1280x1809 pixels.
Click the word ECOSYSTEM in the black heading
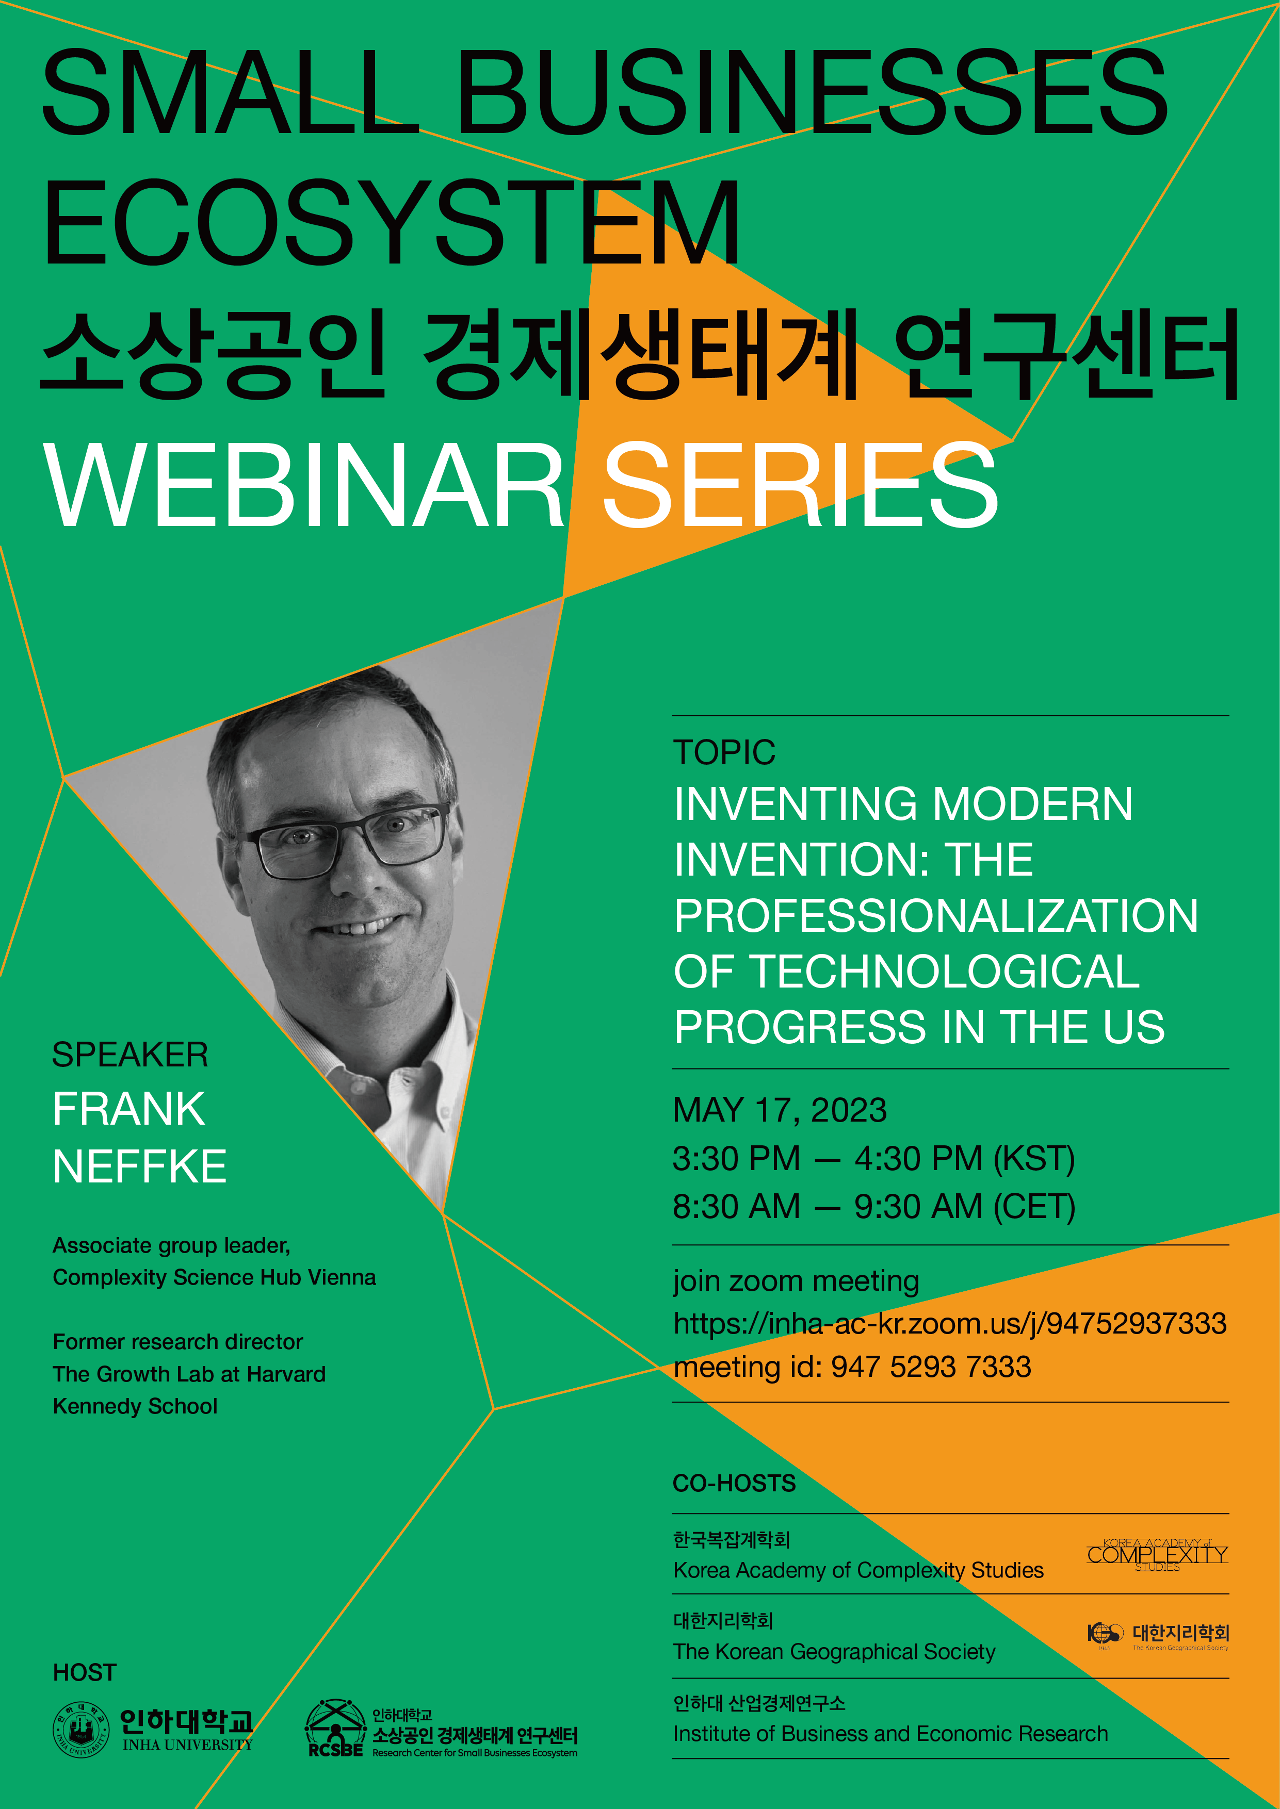(392, 222)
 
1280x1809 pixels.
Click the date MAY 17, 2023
(780, 1110)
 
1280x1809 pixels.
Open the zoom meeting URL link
(950, 1324)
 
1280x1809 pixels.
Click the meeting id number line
(852, 1367)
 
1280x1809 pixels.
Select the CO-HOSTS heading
(735, 1484)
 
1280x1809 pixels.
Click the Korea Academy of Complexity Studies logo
(1157, 1554)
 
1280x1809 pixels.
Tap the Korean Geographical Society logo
(1157, 1635)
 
